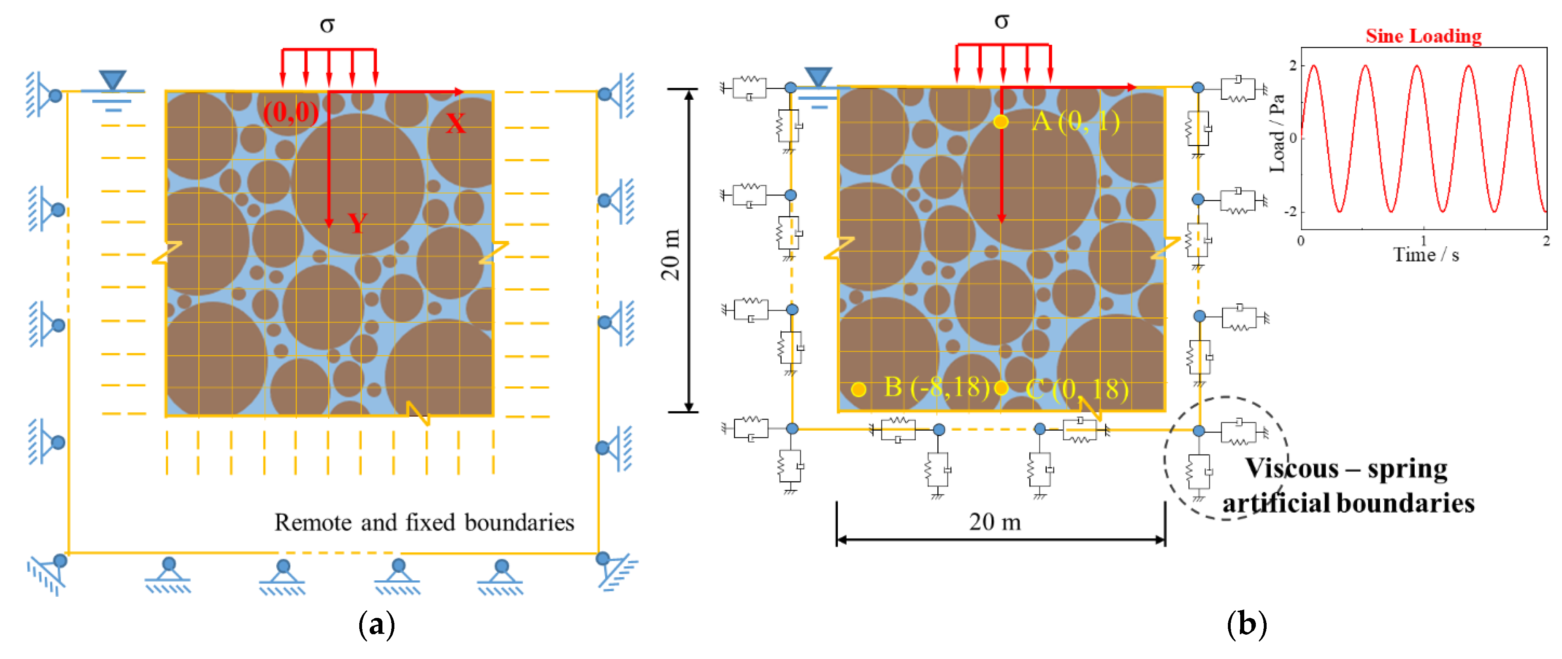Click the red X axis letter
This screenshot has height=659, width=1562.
(455, 124)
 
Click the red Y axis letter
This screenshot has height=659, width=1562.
(357, 223)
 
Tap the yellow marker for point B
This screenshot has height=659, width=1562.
(858, 389)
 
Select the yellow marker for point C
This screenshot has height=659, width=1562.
(1001, 388)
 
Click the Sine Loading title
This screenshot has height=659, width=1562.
(1423, 36)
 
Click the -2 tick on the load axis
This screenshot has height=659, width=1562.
(1290, 212)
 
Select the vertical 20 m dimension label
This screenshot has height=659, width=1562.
(671, 255)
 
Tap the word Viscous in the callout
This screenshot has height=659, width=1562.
(1292, 469)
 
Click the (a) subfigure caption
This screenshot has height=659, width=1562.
(376, 624)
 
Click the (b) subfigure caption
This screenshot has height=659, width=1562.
(1246, 624)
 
